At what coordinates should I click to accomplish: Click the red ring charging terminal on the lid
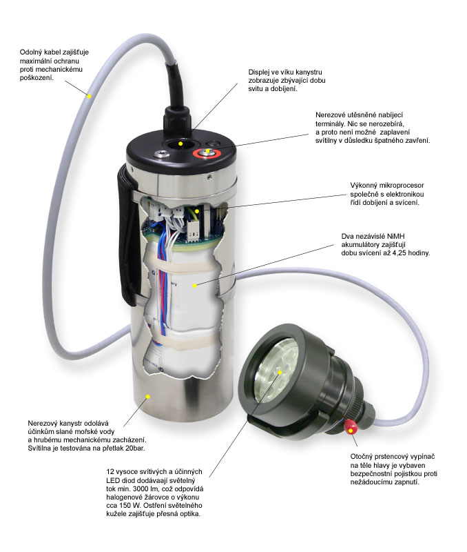207,153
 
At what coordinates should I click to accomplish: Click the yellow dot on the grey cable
90,96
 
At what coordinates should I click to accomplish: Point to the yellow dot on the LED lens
280,373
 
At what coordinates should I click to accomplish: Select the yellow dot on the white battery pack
195,286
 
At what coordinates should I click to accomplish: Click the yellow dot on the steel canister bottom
148,397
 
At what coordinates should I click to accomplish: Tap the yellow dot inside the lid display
180,144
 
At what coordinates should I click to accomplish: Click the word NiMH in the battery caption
395,236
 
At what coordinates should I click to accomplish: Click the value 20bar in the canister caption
134,448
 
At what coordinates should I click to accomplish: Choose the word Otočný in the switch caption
362,457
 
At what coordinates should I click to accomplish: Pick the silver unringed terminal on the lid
162,154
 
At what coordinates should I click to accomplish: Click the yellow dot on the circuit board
198,211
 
